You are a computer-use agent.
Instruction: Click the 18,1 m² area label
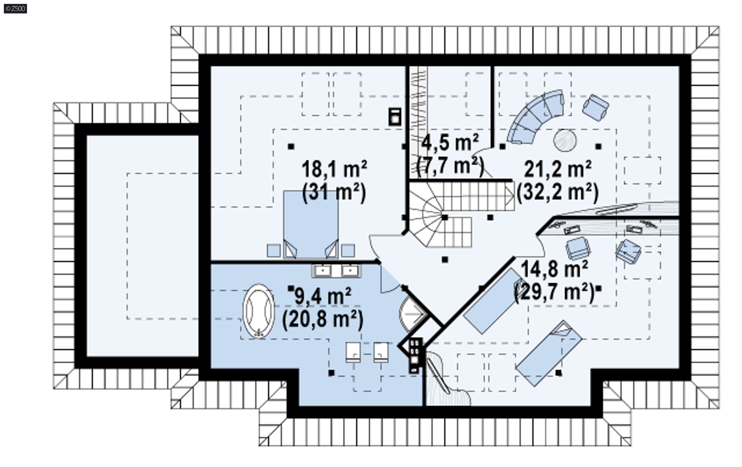click(x=334, y=169)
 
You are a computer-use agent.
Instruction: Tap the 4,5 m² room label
click(x=450, y=143)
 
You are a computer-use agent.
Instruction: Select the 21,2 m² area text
click(x=558, y=169)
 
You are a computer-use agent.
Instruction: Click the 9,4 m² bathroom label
click(x=323, y=296)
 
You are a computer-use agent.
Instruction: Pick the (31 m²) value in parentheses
click(x=334, y=192)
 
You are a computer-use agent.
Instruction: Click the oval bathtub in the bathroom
click(x=258, y=311)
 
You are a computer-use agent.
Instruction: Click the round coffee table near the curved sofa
click(x=565, y=140)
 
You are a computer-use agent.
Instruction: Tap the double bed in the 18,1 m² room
click(x=311, y=224)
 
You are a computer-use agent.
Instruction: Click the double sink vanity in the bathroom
click(x=336, y=271)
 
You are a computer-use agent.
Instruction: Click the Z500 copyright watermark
click(x=15, y=8)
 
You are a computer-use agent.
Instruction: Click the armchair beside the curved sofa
click(x=595, y=107)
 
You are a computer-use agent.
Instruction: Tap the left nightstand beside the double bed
click(x=274, y=251)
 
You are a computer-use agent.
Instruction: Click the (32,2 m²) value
click(x=558, y=192)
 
